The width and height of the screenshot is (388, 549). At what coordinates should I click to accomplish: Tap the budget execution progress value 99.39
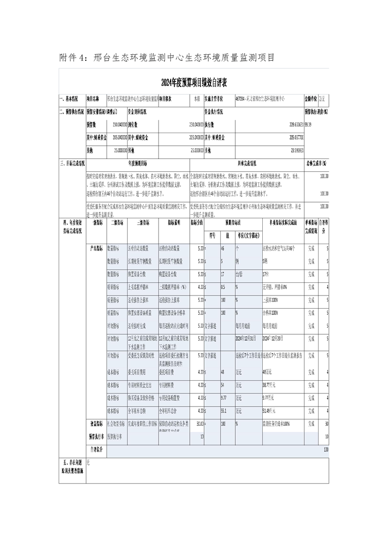coord(309,124)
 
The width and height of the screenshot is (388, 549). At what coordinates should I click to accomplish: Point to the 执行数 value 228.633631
coord(292,124)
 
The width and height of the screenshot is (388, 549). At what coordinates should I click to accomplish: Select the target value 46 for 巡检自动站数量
coord(223,249)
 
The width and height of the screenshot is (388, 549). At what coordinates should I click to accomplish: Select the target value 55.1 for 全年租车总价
coord(224,411)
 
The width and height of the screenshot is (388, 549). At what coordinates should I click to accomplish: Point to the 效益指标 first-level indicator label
coord(96,423)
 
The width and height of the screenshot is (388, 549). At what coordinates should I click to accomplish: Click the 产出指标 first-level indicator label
coord(96,249)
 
